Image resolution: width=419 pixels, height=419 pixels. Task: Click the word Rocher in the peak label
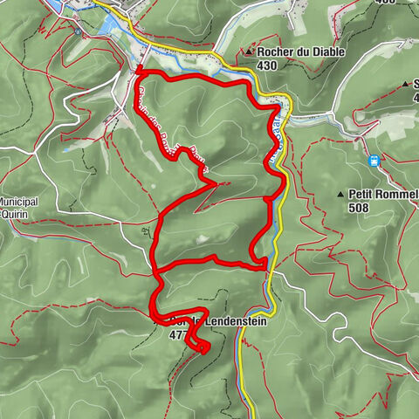coord(278,52)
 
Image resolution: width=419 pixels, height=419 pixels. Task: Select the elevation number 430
coord(269,65)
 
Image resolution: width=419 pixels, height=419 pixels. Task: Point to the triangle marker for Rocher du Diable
coord(250,52)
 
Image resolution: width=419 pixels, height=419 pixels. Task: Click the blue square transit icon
coord(374,161)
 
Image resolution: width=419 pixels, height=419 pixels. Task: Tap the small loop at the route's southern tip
coord(203,348)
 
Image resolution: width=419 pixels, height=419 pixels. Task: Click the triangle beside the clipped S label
coord(404,85)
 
